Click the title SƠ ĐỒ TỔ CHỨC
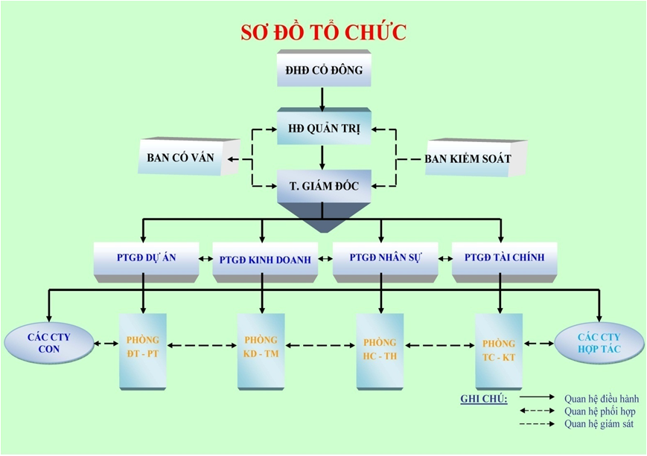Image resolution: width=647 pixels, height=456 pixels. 323,33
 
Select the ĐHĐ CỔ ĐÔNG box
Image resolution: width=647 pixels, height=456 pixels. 323,71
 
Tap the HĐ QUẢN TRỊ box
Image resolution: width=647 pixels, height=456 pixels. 323,129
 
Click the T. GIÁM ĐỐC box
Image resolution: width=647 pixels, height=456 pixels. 323,186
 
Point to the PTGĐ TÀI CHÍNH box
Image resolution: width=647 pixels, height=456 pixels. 504,258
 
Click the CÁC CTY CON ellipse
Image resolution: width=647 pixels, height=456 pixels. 48,342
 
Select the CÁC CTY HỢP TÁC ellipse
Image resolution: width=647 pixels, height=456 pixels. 599,343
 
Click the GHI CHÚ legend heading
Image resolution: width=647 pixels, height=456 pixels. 484,399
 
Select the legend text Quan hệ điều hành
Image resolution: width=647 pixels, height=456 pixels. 601,398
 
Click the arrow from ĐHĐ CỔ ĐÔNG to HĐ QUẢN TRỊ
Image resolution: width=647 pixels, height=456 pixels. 322,98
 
